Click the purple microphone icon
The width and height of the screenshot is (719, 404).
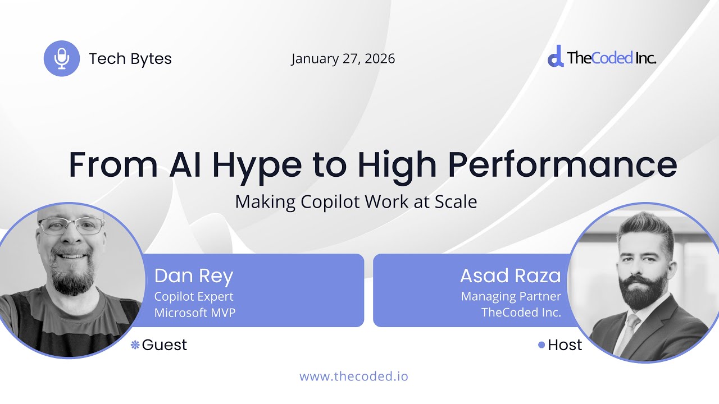point(62,58)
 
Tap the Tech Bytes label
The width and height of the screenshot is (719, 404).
point(130,59)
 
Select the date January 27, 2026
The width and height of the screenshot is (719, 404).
point(343,59)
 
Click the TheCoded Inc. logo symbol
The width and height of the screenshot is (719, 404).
point(555,57)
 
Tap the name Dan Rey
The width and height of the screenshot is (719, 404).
point(193,276)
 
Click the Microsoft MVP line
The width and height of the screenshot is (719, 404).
point(194,313)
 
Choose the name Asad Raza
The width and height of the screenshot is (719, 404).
point(510,276)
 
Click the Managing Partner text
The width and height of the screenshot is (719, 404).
point(511,296)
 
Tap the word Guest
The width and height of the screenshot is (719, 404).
point(164,345)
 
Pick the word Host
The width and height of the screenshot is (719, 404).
point(565,345)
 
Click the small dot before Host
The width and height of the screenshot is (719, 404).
point(541,345)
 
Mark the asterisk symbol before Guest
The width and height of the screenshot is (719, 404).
point(135,345)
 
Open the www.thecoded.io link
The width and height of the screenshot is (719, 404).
point(353,376)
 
